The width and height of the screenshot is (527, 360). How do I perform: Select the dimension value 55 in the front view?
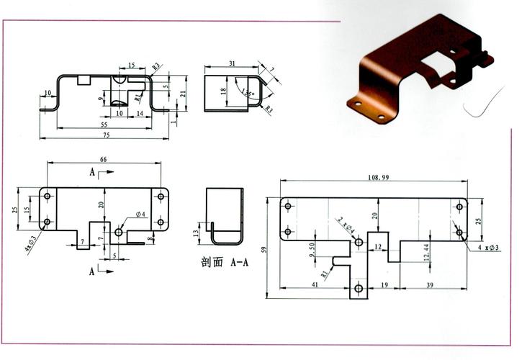(x=105, y=125)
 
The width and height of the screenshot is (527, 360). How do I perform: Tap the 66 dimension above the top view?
(x=103, y=159)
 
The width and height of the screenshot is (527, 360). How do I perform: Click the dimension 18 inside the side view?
(x=224, y=91)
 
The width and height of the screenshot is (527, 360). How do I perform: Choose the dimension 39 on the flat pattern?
(x=430, y=285)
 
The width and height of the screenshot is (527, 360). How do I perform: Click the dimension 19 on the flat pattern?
(x=384, y=285)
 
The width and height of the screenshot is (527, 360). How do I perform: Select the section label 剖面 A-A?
(x=225, y=262)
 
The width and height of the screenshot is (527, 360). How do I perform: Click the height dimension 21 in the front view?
(x=183, y=93)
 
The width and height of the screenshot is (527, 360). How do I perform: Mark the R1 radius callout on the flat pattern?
(x=325, y=274)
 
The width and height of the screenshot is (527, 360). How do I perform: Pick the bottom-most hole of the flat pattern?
(x=359, y=289)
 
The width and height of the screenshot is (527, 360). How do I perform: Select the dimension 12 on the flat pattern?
(x=378, y=248)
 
